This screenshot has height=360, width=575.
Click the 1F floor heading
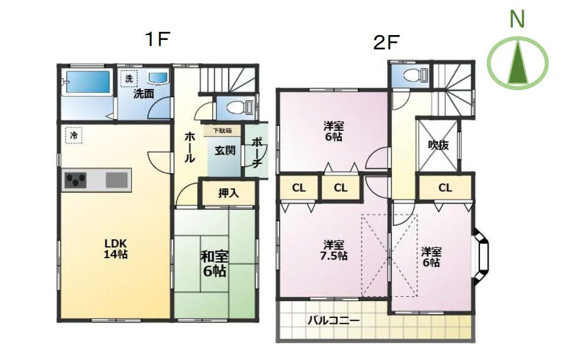point(158,39)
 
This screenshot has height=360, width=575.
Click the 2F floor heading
point(386,43)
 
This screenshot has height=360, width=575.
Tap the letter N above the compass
point(517,19)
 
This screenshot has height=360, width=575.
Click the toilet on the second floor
point(416,76)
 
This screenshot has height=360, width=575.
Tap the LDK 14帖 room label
point(116,249)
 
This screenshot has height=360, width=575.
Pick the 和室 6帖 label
point(214,263)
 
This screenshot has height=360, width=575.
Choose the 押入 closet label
point(228,193)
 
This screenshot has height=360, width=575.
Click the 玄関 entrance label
point(225,150)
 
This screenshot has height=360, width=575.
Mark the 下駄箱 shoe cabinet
point(222,131)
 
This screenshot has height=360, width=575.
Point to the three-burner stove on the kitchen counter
point(76,180)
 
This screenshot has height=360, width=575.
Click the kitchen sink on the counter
point(117,180)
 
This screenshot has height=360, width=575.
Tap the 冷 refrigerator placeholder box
point(74,135)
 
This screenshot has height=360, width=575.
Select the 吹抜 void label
point(438,145)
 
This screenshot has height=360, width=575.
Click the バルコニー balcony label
point(333,321)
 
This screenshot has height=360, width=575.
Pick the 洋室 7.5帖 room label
point(333,250)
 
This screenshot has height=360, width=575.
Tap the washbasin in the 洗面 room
point(158,77)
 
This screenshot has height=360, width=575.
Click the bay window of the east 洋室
point(481,256)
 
